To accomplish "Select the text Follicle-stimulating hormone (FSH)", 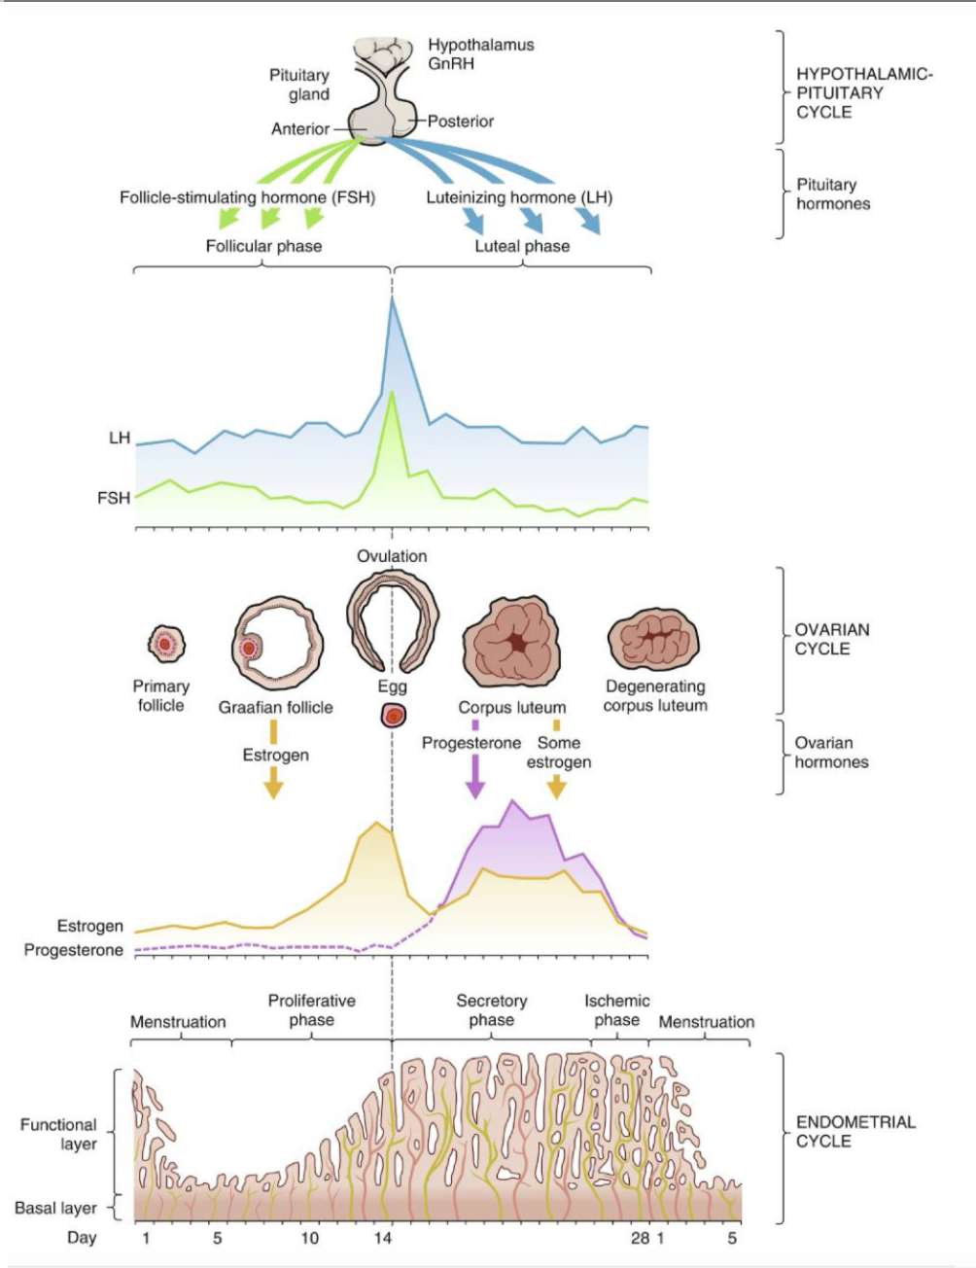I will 247,197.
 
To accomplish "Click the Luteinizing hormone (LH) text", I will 519,197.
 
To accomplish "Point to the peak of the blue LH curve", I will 393,301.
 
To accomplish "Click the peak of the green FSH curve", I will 391,394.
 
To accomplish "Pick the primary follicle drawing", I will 165,643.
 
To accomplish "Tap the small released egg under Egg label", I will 393,716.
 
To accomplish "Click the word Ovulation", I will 391,556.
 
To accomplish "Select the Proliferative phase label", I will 311,1010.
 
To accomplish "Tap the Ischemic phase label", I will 616,1010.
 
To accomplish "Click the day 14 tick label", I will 383,1239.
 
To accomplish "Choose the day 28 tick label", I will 639,1239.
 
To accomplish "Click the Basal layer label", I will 55,1208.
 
